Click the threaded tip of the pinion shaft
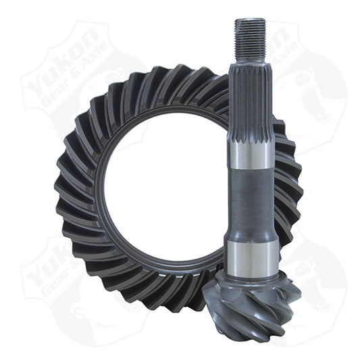[251, 36]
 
